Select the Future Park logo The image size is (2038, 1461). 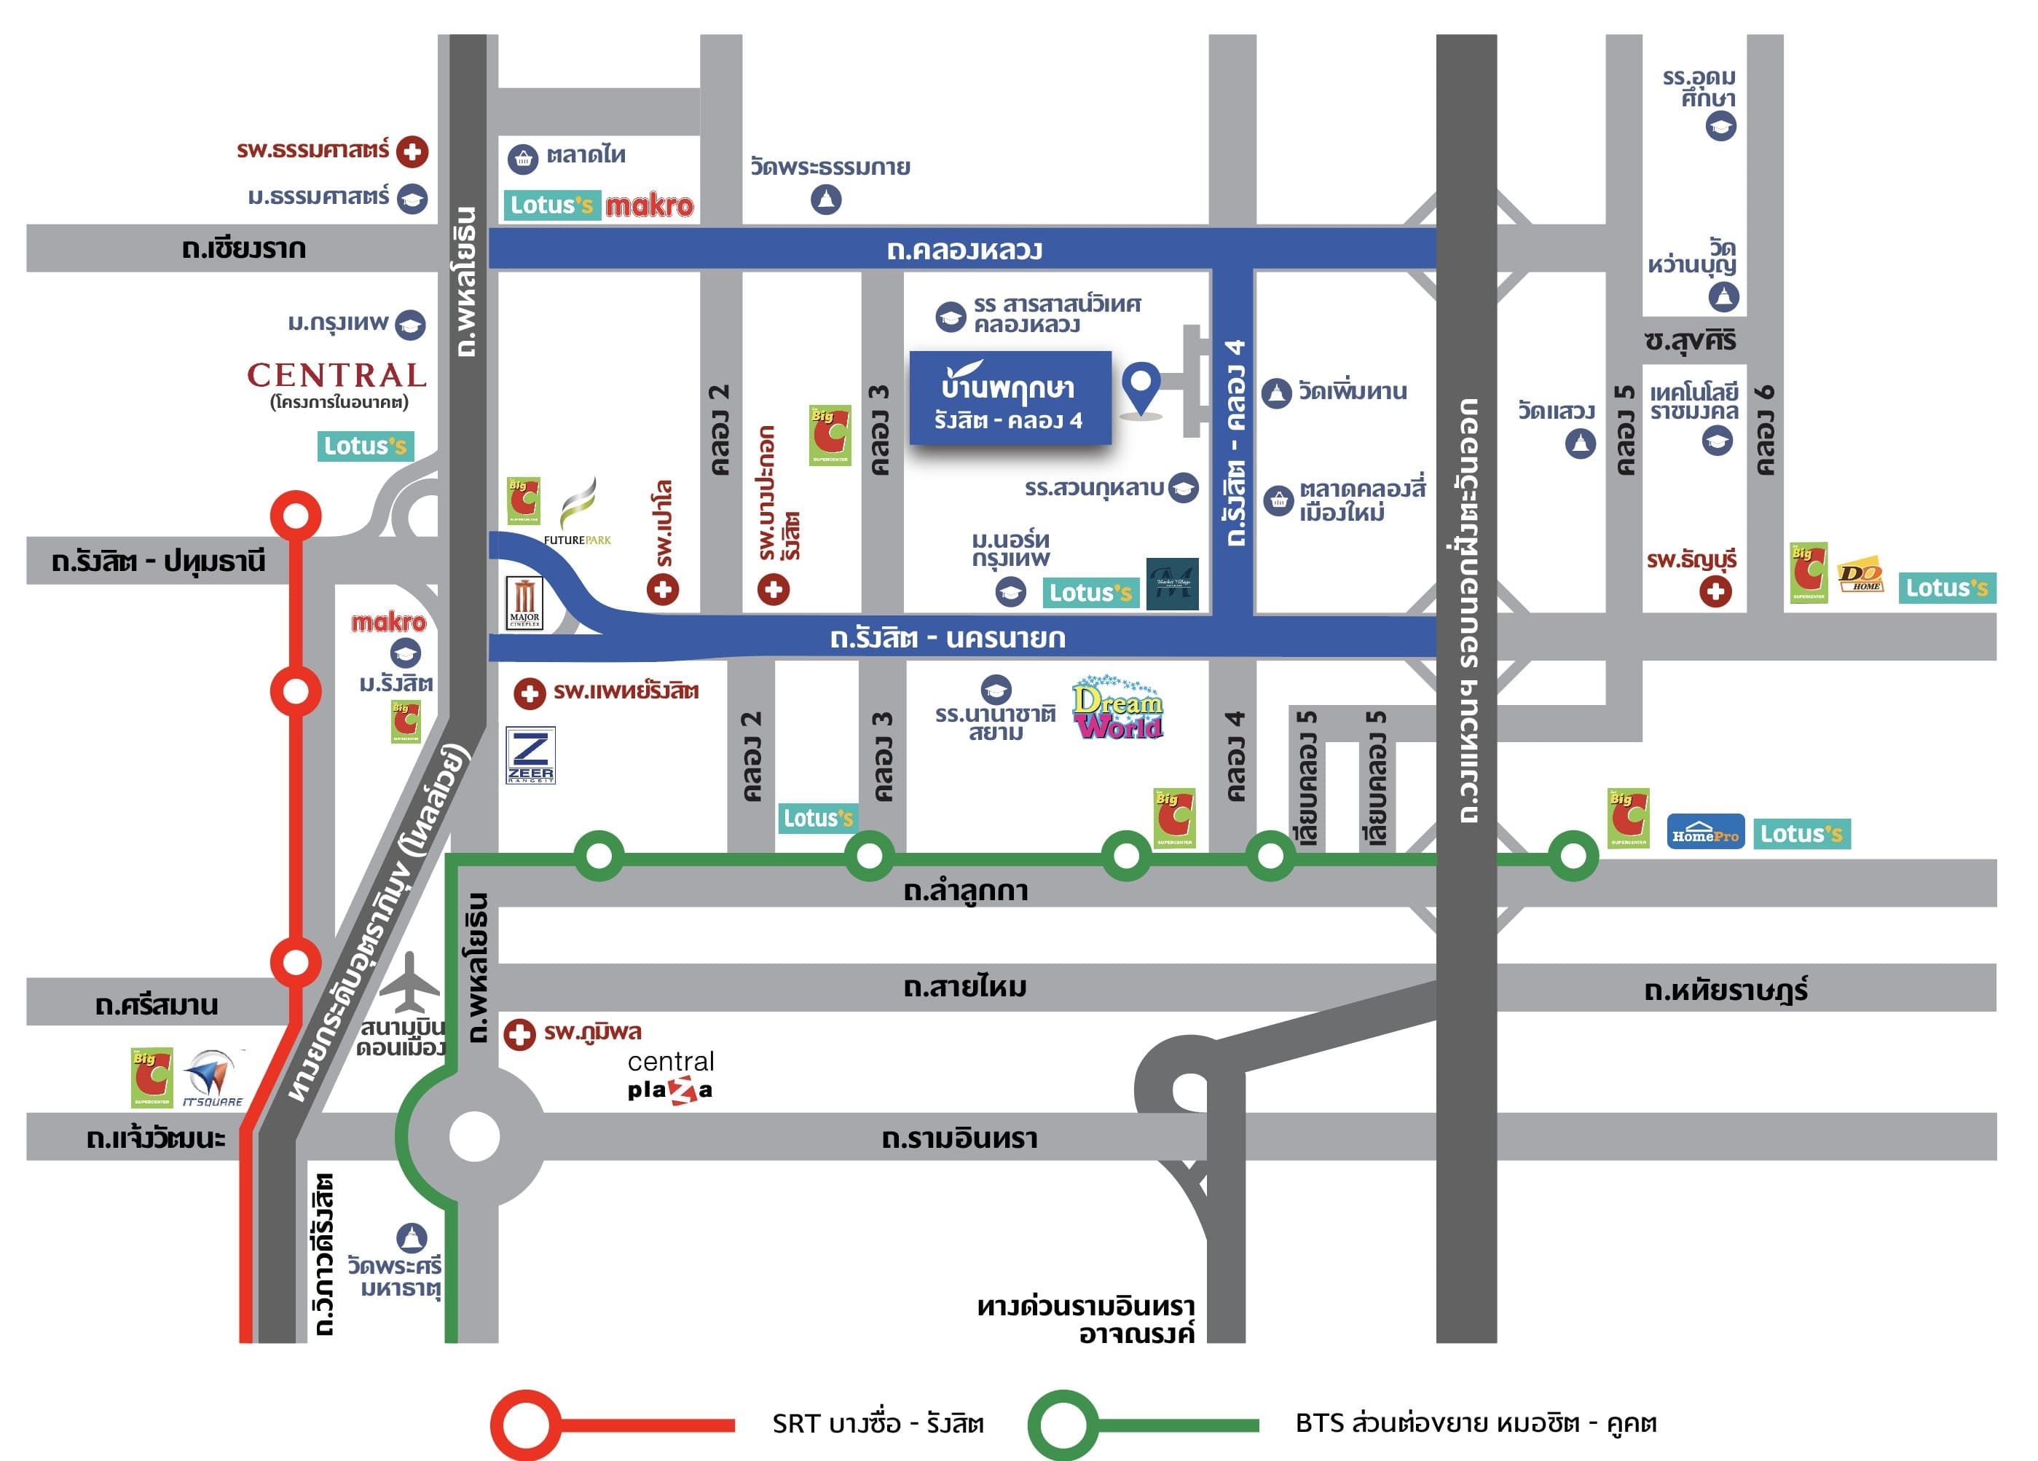click(x=578, y=512)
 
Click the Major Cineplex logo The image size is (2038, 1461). click(x=524, y=603)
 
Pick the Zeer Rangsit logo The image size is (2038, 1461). click(x=531, y=755)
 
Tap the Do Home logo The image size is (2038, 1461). click(x=1860, y=577)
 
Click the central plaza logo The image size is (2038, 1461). click(x=670, y=1076)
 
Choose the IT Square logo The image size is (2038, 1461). click(x=212, y=1077)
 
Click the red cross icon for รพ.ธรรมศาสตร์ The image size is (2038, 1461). click(x=412, y=151)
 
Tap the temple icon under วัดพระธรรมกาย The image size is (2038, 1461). click(x=826, y=199)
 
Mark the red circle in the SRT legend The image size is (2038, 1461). click(x=526, y=1424)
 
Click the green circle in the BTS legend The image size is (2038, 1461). click(x=1063, y=1424)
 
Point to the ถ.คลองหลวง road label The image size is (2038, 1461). click(x=964, y=250)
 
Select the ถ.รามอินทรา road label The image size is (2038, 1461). click(x=959, y=1138)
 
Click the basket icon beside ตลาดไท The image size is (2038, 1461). click(x=522, y=159)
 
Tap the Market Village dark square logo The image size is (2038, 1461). click(x=1173, y=584)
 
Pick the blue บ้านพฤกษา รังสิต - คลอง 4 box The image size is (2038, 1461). click(x=1010, y=398)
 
